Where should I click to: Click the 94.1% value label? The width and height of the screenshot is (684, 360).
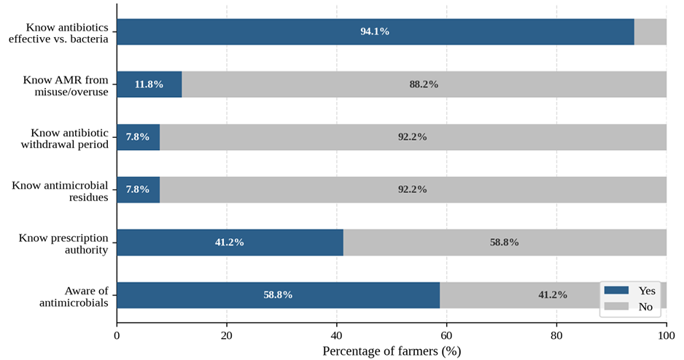point(375,31)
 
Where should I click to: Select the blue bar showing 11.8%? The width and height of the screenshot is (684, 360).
point(149,84)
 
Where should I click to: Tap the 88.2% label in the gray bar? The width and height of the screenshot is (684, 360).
point(424,84)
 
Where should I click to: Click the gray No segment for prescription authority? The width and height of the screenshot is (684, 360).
point(505,243)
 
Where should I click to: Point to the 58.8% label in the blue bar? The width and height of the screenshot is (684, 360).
point(278,295)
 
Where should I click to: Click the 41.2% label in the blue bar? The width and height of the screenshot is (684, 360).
point(230,243)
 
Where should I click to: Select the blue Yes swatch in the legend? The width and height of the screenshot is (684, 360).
point(616,290)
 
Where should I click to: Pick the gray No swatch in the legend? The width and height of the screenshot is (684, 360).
point(616,306)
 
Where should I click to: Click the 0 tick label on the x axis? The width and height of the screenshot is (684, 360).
point(117,336)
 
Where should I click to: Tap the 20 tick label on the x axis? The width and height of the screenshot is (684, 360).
point(227,336)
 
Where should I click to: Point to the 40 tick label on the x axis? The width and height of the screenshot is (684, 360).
point(337,336)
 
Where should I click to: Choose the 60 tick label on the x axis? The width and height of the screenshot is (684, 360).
point(447,336)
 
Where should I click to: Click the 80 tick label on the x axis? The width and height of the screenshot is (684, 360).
point(556,336)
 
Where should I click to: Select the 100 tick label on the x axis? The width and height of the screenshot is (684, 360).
point(666,336)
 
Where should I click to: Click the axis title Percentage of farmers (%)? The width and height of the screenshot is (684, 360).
point(392,351)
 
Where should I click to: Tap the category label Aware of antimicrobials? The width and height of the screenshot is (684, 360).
point(74,297)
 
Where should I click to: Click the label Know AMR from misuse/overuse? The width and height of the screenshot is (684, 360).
point(66,86)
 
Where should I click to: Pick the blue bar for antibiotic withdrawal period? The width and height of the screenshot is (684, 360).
point(139,137)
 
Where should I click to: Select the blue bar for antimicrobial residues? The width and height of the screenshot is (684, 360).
point(139,189)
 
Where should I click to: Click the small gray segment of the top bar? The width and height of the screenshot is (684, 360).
point(650,31)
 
